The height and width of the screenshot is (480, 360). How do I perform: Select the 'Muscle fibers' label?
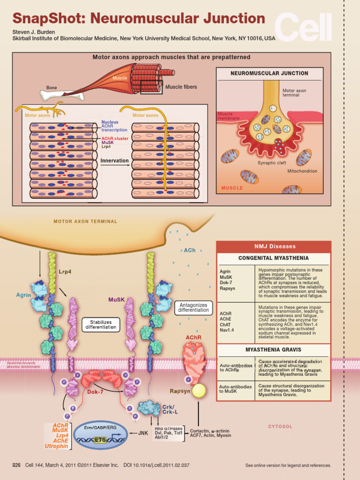[x=181, y=87]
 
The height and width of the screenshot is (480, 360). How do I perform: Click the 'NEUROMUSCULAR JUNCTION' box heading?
[x=269, y=74]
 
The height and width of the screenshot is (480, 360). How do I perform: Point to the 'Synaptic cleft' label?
[x=271, y=163]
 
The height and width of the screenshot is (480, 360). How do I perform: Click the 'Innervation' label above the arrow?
[x=114, y=161]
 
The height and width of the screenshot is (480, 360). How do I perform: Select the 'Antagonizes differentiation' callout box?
[x=194, y=307]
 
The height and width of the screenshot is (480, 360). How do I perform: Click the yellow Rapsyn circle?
[x=199, y=391]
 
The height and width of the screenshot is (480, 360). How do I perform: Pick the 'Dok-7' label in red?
[x=95, y=392]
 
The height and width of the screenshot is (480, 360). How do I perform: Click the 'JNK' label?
[x=143, y=433]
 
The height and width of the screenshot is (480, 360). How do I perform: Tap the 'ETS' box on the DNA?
[x=100, y=440]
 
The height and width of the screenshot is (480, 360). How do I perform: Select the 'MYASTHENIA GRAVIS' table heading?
[x=273, y=350]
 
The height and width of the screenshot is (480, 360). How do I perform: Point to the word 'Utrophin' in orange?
[x=56, y=446]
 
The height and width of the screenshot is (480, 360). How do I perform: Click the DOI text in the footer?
[x=156, y=465]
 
